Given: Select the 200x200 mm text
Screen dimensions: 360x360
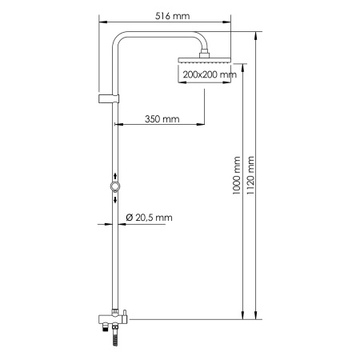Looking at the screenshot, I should pos(209,75).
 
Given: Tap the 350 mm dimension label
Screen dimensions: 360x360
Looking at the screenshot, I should pos(162,119).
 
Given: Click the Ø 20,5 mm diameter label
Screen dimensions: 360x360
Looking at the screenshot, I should pos(150,218).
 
